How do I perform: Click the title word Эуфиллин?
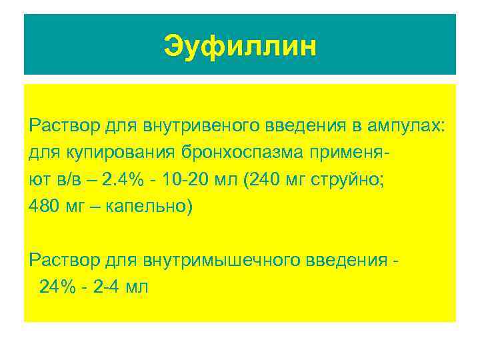[240, 47]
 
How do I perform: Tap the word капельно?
[148, 207]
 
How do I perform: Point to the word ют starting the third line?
[37, 180]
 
